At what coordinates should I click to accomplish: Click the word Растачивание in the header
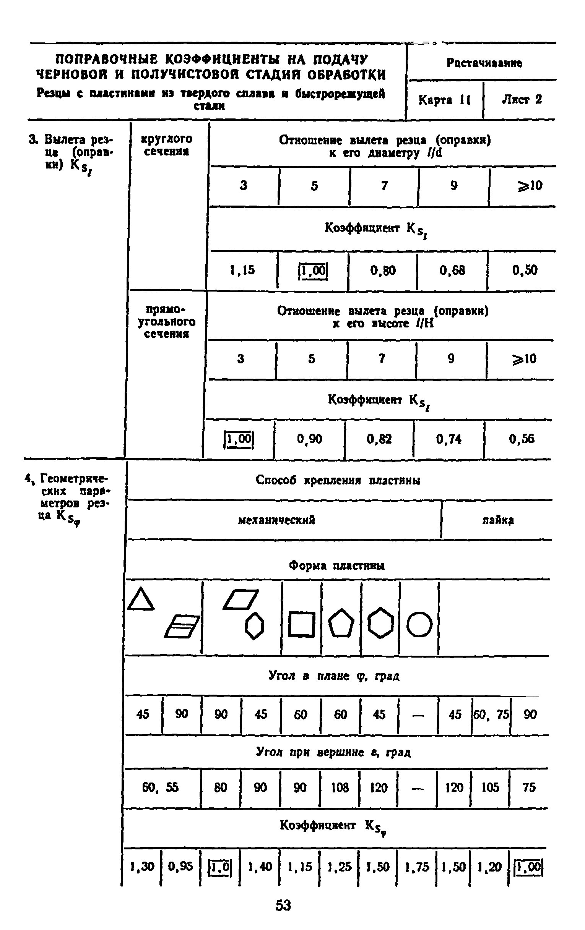click(x=484, y=63)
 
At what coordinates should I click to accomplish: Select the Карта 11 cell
click(x=444, y=100)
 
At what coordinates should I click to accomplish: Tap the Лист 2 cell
click(x=522, y=100)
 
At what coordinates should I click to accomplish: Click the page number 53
click(x=283, y=905)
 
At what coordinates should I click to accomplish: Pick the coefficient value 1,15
click(x=242, y=270)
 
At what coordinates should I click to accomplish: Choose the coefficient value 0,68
click(x=452, y=271)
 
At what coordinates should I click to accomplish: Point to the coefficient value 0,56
click(x=522, y=439)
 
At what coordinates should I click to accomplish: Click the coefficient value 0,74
click(x=448, y=439)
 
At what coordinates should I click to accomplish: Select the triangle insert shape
click(x=141, y=600)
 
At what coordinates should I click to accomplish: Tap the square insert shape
click(x=301, y=624)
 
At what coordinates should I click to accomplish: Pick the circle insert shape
click(x=419, y=624)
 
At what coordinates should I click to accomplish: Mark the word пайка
click(x=498, y=520)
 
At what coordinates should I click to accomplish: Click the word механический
click(x=277, y=520)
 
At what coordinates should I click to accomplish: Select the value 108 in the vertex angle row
click(x=340, y=787)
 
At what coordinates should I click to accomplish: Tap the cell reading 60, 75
click(x=491, y=715)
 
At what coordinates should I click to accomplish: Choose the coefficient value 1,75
click(x=417, y=867)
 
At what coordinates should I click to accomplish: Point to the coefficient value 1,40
click(x=260, y=867)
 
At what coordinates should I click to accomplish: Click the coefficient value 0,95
click(x=180, y=867)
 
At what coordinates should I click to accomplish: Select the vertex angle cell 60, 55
click(x=160, y=787)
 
